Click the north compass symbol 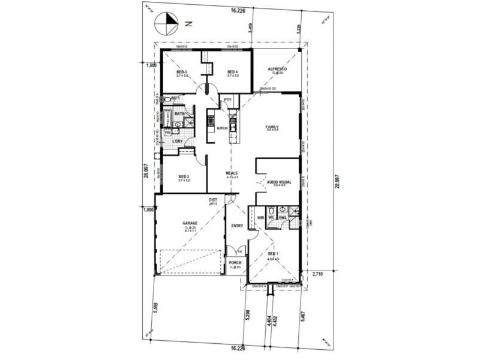point(166,25)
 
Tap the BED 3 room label point(182,71)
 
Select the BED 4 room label point(233,71)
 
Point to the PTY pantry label point(228,100)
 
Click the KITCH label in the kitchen point(222,128)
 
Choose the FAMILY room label point(273,127)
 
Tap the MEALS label point(232,173)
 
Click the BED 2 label point(184,176)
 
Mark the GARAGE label point(190,223)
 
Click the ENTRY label point(237,225)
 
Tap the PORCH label point(235,262)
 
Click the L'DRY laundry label point(177,141)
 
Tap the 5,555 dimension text point(155,308)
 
